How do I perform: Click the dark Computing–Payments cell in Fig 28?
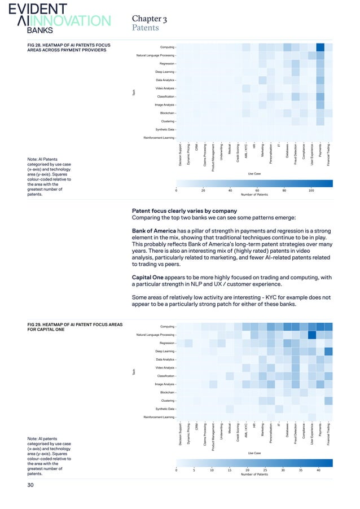[320, 47]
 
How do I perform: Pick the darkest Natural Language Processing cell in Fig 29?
[311, 335]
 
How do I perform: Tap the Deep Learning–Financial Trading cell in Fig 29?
[328, 351]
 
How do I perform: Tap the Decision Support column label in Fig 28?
[180, 156]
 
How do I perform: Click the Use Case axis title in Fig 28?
[254, 174]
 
